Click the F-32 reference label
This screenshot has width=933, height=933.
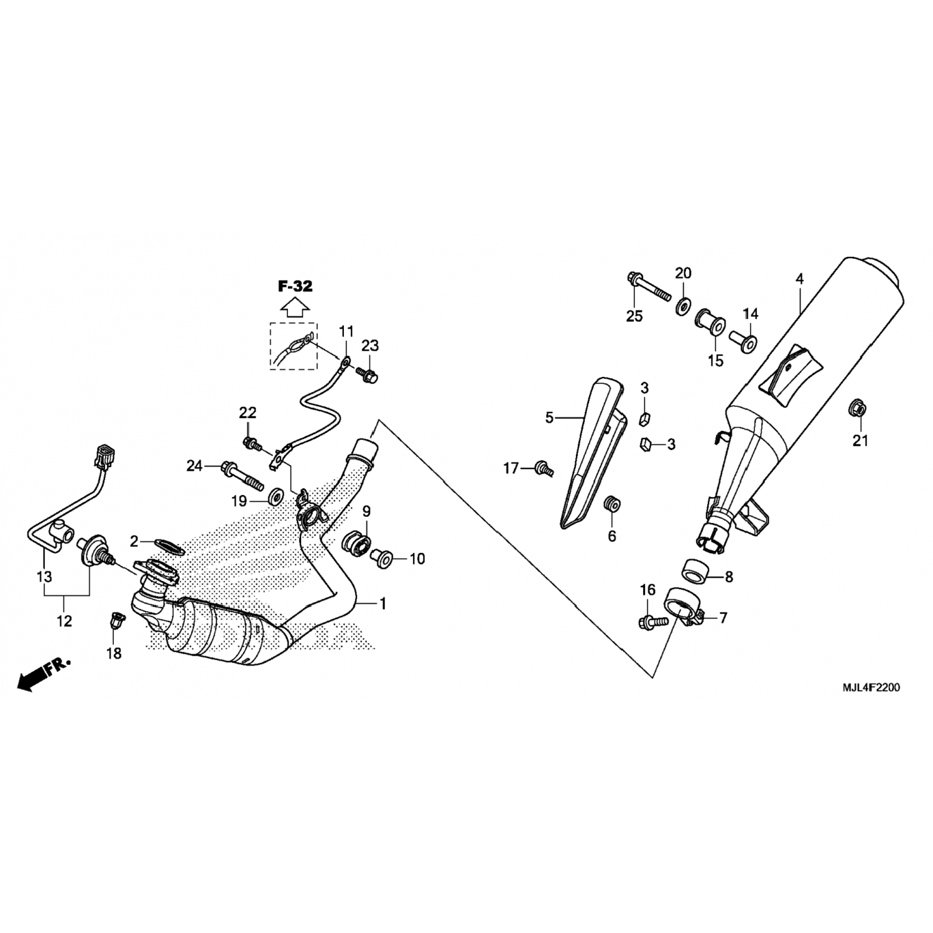[x=295, y=287]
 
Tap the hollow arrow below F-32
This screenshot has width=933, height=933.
[x=295, y=307]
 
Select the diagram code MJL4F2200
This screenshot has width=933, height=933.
[x=871, y=688]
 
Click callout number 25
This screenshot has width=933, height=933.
[x=634, y=316]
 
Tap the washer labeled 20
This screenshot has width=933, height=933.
[x=684, y=306]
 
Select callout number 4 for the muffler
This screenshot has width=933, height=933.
[x=800, y=279]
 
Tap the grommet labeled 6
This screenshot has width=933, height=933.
[x=612, y=503]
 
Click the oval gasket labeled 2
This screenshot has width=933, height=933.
[x=169, y=545]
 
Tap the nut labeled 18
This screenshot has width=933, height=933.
[x=115, y=620]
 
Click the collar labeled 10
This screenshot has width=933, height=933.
[x=381, y=557]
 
